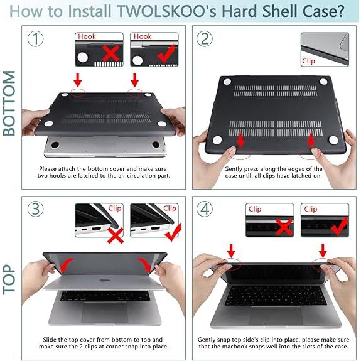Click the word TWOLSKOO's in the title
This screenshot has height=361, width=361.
[166, 11]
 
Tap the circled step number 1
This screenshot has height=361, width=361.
[35, 39]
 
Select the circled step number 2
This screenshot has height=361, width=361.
[205, 39]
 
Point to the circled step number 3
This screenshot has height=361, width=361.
[35, 209]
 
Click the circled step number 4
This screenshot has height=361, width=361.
[205, 209]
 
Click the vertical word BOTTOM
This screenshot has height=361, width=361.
[9, 103]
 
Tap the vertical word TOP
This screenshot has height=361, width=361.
[9, 280]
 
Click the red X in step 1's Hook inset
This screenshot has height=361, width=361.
[110, 53]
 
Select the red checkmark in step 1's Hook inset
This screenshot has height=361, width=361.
[166, 53]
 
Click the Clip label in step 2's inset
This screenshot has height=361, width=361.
[308, 61]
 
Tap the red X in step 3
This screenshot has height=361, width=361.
[116, 235]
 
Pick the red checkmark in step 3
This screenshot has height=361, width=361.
[173, 232]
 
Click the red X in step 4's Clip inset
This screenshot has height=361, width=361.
[284, 227]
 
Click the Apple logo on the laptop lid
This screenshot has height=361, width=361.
[103, 281]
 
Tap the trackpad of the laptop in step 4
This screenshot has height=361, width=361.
[276, 316]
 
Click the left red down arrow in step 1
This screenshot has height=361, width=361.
[78, 80]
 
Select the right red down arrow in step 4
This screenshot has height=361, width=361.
[323, 251]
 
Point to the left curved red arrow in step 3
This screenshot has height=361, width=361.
[66, 264]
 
